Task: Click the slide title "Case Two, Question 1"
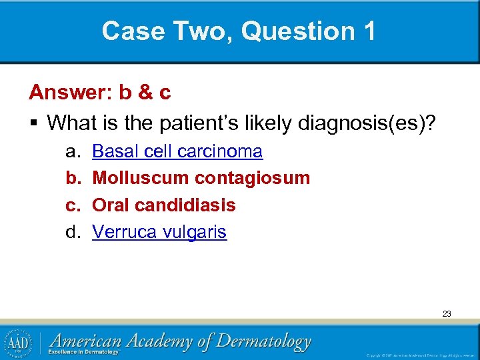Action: (x=239, y=31)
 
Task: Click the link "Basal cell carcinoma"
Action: (x=177, y=151)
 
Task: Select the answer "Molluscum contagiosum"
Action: (x=201, y=178)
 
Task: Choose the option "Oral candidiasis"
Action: (x=164, y=205)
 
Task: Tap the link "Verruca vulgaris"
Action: (x=159, y=232)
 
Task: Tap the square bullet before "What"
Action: (x=33, y=123)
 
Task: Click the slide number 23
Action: (x=446, y=313)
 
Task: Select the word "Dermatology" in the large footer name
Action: (x=263, y=341)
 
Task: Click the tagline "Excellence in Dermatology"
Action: (x=83, y=352)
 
